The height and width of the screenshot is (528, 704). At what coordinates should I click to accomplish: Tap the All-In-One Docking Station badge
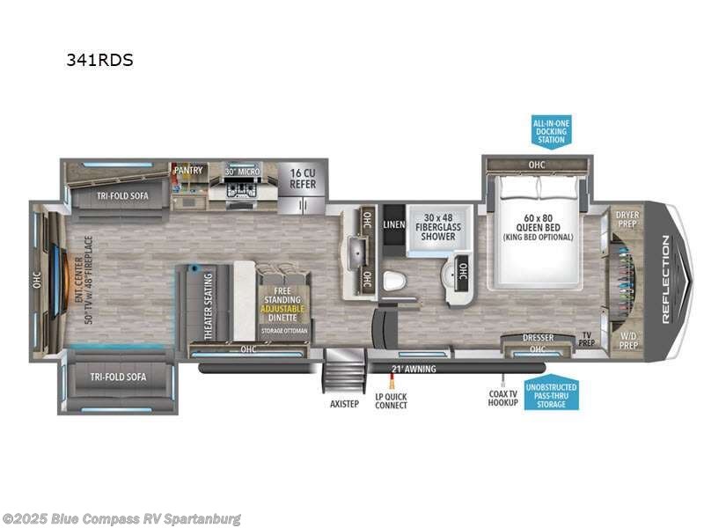click(551, 130)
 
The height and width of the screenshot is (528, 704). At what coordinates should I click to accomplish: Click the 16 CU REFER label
click(303, 179)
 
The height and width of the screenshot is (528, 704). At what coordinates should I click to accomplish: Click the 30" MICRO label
click(242, 171)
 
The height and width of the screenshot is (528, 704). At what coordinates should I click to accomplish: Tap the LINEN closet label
click(393, 225)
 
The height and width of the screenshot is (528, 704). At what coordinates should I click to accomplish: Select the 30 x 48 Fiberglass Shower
click(438, 226)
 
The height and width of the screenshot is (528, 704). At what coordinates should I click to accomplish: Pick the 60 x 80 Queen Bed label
click(537, 228)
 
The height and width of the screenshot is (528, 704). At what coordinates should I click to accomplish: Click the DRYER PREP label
click(627, 219)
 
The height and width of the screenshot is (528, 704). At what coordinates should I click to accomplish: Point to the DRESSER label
click(537, 336)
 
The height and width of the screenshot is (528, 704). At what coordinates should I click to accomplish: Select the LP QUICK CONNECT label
click(391, 401)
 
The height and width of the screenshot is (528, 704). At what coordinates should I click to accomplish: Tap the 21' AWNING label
click(414, 369)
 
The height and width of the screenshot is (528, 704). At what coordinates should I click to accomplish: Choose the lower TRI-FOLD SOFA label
click(117, 377)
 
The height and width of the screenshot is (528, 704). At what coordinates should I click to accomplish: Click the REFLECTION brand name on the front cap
click(666, 281)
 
